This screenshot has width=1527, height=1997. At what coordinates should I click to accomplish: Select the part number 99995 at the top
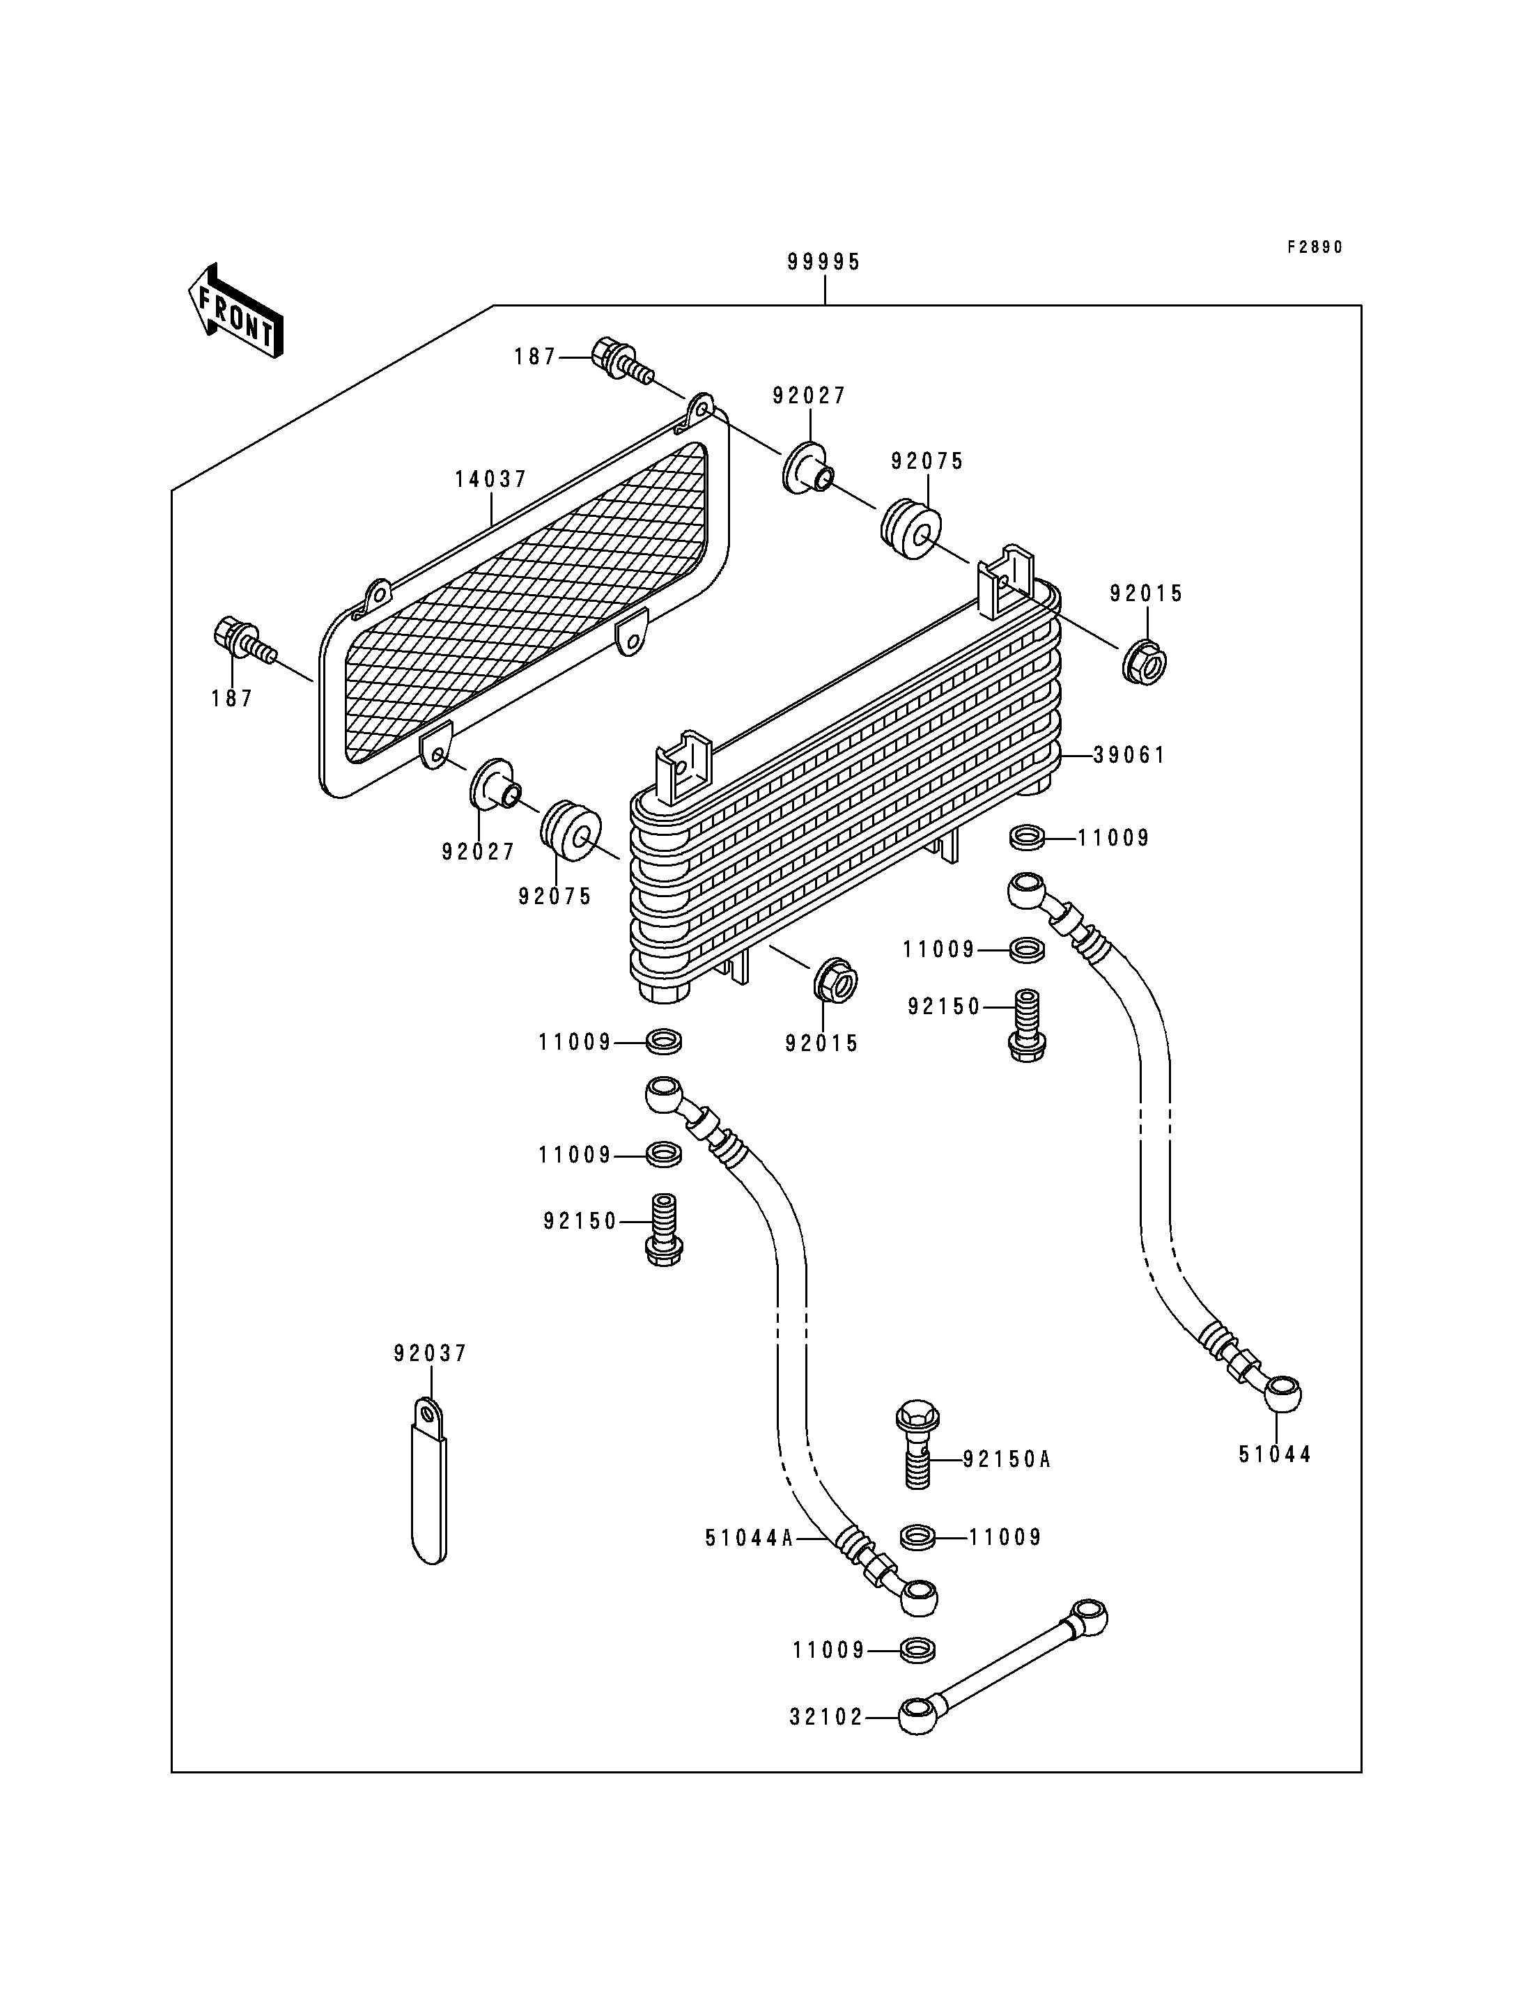(x=823, y=262)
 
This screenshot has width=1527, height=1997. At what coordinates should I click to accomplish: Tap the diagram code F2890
(x=1315, y=247)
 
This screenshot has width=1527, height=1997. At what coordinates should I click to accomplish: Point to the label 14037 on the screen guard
(x=491, y=479)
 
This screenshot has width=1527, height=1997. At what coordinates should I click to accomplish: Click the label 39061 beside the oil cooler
(x=1129, y=754)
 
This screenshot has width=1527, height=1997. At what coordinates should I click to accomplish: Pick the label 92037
(x=430, y=1379)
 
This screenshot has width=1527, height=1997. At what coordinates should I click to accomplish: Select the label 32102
(x=826, y=1717)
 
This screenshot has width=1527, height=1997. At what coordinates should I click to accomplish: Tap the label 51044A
(x=750, y=1537)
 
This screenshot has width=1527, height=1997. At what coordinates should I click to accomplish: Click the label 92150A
(x=1006, y=1459)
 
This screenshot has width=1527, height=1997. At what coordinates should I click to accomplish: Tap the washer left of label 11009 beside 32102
(x=919, y=1650)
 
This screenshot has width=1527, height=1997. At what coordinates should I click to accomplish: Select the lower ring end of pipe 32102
(x=917, y=1716)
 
